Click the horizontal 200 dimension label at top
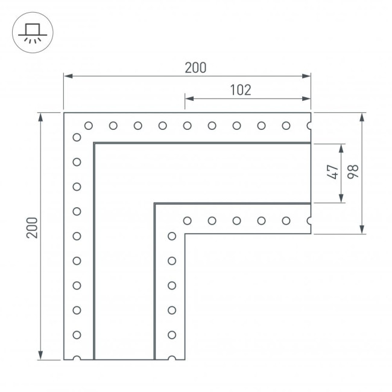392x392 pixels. click(x=195, y=68)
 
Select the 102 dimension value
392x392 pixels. click(x=241, y=90)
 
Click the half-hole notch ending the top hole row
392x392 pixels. click(x=309, y=126)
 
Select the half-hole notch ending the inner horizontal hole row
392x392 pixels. click(x=309, y=221)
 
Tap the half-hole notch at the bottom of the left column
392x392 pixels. click(x=77, y=358)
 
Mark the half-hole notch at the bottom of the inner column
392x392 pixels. click(x=172, y=358)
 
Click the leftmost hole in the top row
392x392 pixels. click(x=89, y=126)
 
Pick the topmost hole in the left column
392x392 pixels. click(x=77, y=137)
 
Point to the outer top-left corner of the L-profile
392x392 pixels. click(x=64, y=112)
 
